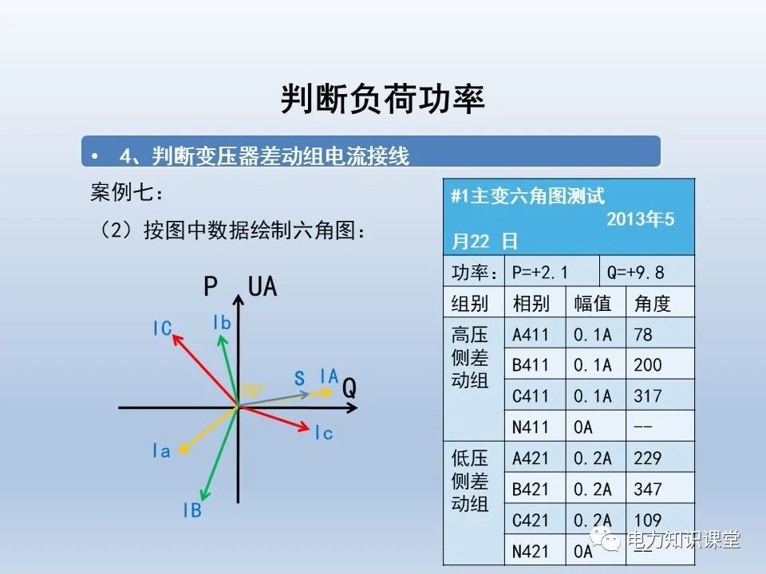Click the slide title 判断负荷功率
pos(383,100)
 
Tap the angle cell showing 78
pos(643,335)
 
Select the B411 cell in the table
pos(531,366)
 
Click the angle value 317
pos(648,396)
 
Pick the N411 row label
pos(531,427)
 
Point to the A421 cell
pos(531,458)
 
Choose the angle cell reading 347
pos(648,489)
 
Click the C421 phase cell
pos(531,520)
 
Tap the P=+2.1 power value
pos(540,273)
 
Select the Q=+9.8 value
pos(636,273)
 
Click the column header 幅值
pos(593,304)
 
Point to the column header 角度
pos(652,304)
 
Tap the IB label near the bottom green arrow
pos(192,511)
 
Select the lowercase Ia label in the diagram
pos(161,451)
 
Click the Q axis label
pos(349,388)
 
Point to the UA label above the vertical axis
pos(263,286)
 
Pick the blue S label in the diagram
pos(299,379)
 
